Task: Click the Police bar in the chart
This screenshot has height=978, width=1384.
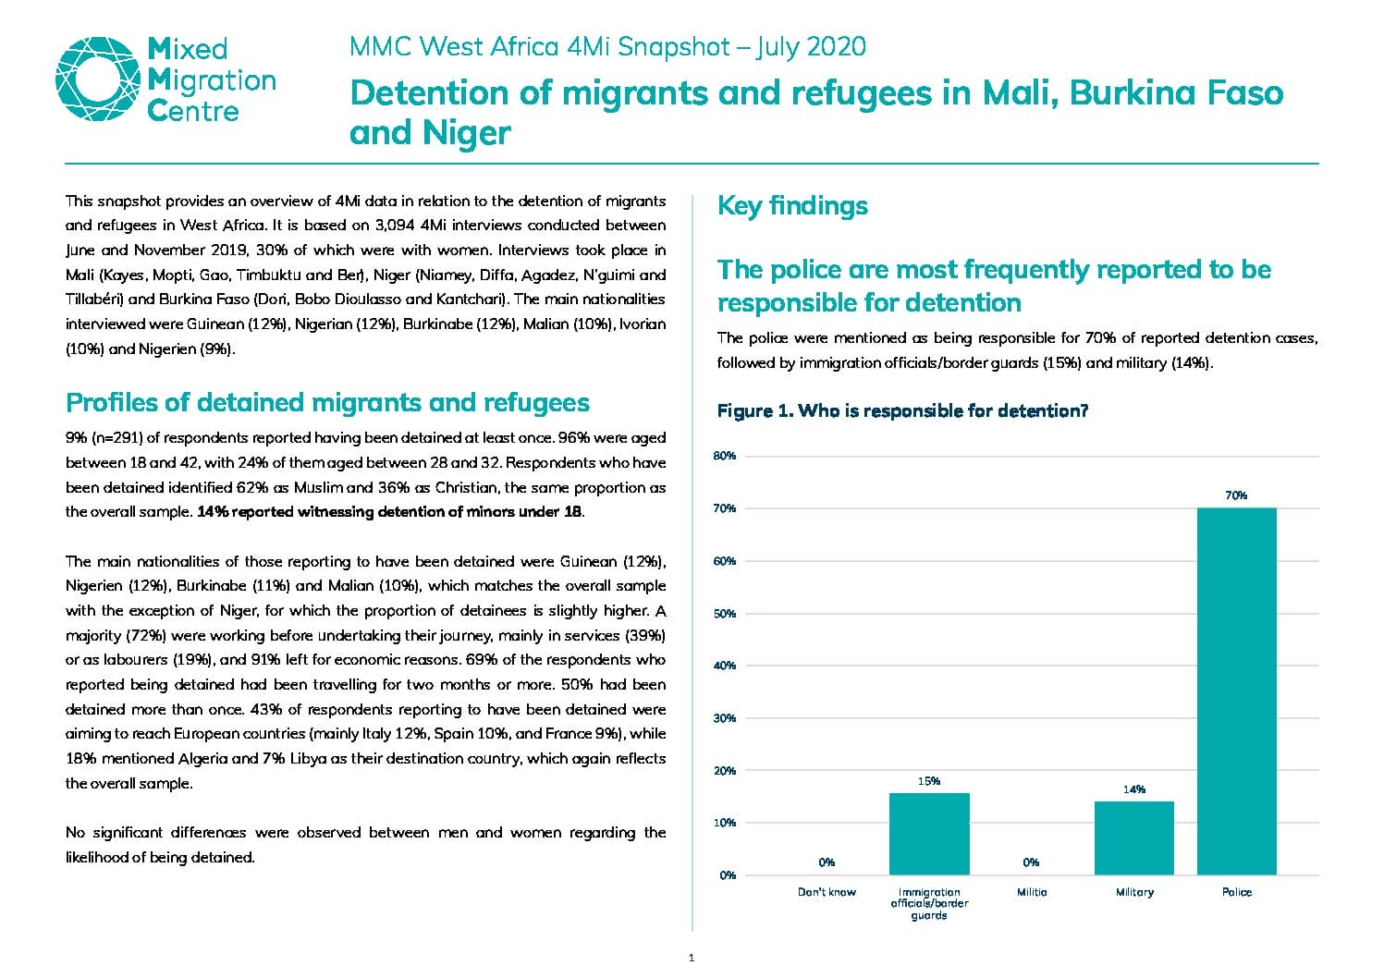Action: [x=1236, y=691]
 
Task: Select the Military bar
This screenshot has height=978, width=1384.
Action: [x=1134, y=837]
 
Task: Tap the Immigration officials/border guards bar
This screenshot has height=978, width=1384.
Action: [x=929, y=834]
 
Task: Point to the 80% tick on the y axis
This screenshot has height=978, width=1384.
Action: [x=725, y=456]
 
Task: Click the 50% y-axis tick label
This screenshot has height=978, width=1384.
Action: [x=725, y=614]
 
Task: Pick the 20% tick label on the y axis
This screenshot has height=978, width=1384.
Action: [x=725, y=770]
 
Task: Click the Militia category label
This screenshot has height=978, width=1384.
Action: [x=1032, y=892]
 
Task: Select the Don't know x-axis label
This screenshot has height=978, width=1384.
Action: [x=827, y=892]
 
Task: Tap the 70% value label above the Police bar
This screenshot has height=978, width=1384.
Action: [x=1236, y=495]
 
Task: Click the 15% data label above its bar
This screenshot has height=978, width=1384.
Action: [x=929, y=781]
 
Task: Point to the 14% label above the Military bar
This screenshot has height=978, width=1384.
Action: [x=1134, y=789]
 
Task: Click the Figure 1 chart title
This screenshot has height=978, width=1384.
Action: [x=902, y=410]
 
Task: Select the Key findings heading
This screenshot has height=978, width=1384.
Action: [x=792, y=206]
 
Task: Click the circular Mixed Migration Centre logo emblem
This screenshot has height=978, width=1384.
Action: [x=98, y=79]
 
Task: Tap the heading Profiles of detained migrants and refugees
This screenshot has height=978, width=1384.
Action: [x=327, y=403]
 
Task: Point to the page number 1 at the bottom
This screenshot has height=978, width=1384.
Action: [x=692, y=959]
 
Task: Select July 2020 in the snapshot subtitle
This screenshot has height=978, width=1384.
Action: [x=811, y=47]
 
